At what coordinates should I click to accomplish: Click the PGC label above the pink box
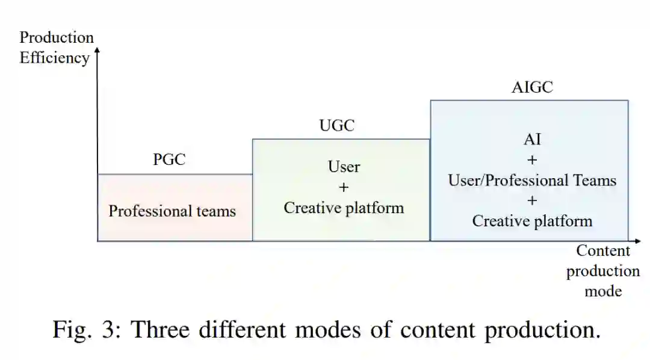[x=169, y=160]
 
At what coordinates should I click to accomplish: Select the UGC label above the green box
[x=336, y=126]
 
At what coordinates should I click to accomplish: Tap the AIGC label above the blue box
[x=532, y=87]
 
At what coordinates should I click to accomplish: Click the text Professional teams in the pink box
[x=172, y=211]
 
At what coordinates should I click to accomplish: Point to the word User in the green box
[x=344, y=167]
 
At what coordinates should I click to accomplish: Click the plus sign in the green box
[x=344, y=187]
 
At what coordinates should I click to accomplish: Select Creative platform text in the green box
[x=344, y=208]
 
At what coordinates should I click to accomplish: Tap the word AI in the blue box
[x=532, y=140]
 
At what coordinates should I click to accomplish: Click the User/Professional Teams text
[x=532, y=180]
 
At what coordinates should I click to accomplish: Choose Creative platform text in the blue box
[x=532, y=221]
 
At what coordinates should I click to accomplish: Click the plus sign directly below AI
[x=532, y=160]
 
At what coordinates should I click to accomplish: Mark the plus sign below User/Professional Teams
[x=532, y=200]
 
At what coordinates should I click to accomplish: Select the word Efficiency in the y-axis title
[x=54, y=58]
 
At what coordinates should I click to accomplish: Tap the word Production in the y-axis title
[x=57, y=37]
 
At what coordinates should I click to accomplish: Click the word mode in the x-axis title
[x=603, y=291]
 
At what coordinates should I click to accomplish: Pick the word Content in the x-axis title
[x=603, y=251]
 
